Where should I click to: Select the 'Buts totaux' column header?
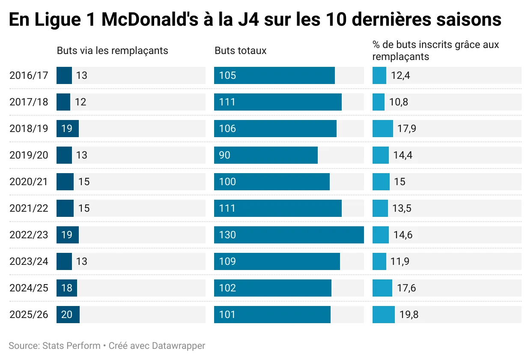240,51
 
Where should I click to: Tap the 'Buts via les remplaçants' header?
112,51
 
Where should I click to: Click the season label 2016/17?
29,75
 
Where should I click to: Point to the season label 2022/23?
29,235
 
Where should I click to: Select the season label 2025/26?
29,315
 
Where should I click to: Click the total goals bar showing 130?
289,235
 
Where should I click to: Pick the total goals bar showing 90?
265,155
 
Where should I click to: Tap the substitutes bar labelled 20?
68,315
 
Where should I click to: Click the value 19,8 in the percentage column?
409,315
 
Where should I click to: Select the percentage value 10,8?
398,102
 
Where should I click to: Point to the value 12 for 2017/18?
81,102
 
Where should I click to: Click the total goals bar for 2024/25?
272,288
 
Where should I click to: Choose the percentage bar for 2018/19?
382,129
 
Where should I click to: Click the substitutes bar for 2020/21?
65,182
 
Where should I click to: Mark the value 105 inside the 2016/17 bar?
227,75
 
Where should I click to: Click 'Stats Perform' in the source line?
71,345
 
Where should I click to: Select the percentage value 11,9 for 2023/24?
400,261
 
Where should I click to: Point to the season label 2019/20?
29,155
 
